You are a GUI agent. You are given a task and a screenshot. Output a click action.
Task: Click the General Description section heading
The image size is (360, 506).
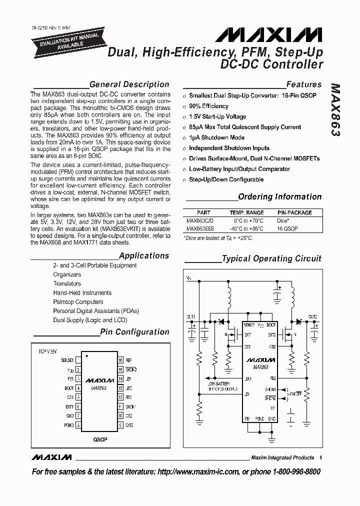pos(129,84)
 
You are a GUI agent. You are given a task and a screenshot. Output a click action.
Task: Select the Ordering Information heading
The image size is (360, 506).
pos(279,197)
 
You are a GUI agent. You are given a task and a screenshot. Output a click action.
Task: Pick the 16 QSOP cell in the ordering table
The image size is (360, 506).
pos(287,228)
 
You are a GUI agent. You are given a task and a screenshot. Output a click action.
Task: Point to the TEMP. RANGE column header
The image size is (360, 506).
pos(246,212)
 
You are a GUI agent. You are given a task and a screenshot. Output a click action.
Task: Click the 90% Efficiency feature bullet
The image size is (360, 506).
pos(208,106)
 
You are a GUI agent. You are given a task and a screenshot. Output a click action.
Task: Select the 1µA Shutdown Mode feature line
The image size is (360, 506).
pos(216,137)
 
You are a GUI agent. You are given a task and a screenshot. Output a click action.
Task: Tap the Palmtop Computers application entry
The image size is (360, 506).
pos(78,302)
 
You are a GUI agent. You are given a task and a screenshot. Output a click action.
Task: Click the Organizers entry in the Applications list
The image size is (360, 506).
pos(67,274)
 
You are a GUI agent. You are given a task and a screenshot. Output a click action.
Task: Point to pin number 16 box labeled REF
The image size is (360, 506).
pos(120,360)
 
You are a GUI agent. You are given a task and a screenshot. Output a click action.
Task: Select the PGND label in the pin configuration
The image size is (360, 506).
pos(69,425)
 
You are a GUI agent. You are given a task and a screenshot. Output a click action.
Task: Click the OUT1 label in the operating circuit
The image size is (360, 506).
pos(190,317)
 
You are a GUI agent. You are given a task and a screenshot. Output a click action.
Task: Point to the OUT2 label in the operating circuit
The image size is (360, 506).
pos(312,317)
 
